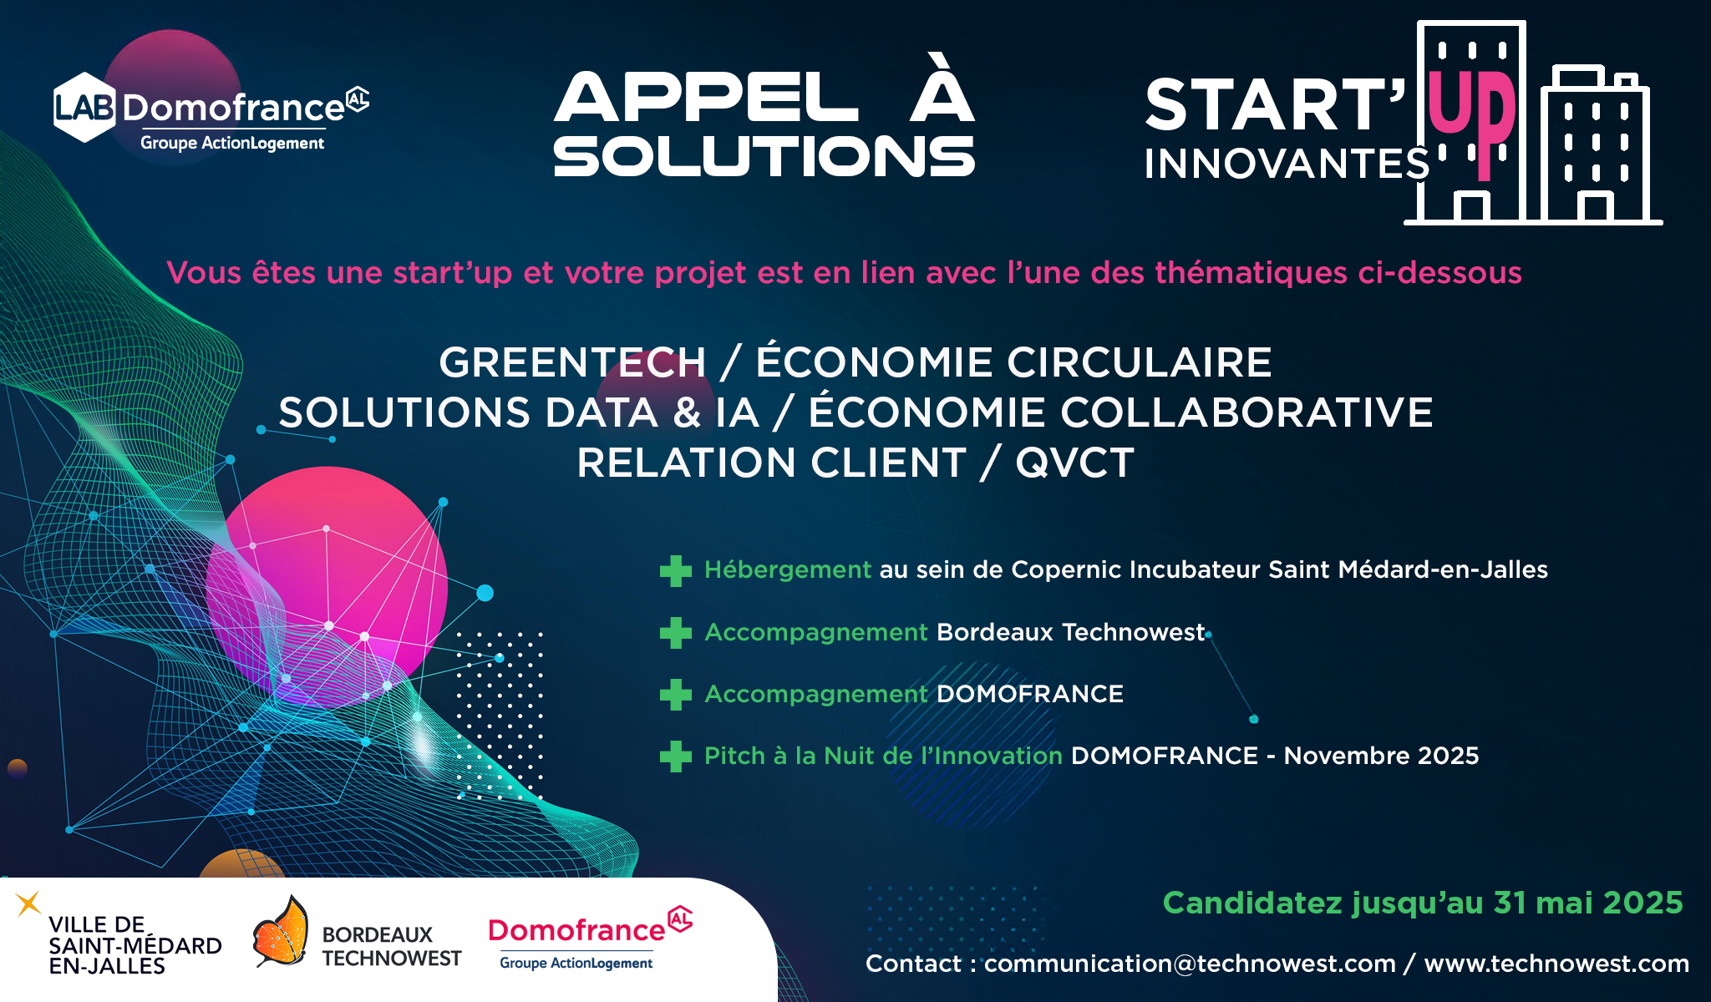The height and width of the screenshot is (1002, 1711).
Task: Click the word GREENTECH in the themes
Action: point(572,362)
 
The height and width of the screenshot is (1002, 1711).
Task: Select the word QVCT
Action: point(1074,463)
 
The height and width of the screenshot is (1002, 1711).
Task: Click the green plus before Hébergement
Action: point(675,571)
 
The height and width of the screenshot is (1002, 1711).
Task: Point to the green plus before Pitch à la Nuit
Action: point(675,757)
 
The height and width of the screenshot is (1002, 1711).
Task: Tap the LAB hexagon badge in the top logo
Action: point(84,107)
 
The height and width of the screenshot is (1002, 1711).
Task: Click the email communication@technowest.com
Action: point(1190,964)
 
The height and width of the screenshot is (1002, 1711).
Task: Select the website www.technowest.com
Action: point(1556,964)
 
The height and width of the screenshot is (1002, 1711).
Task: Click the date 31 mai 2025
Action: point(1588,903)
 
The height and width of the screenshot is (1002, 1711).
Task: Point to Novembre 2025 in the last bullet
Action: point(1381,756)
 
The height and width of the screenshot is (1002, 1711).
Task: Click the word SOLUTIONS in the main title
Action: point(764,157)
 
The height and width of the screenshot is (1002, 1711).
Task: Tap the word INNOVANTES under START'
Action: point(1287,164)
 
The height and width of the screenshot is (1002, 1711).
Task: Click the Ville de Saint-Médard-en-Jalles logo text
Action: point(135,945)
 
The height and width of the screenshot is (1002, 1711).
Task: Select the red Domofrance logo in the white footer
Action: point(590,938)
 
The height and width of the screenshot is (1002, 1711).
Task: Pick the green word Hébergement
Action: point(788,569)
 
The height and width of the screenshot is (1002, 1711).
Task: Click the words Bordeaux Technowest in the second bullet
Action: point(1071,632)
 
